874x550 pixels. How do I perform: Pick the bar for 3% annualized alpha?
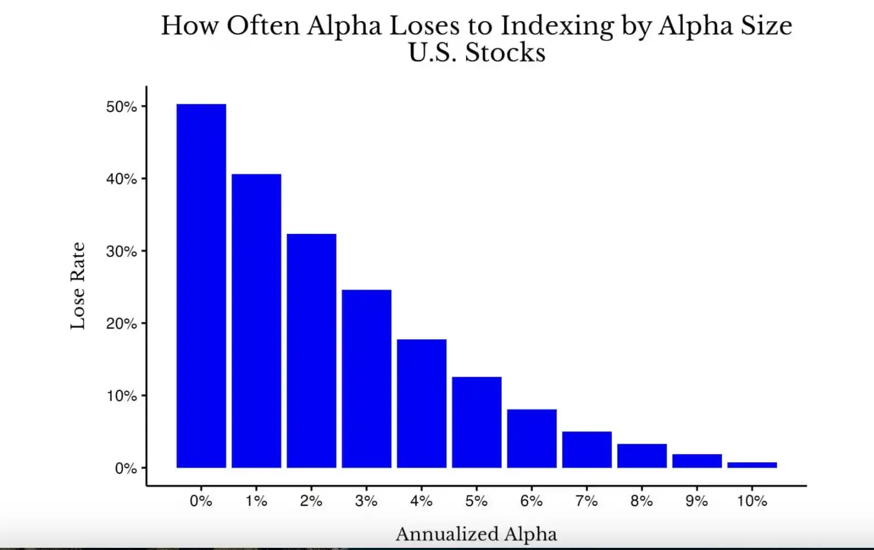tap(366, 378)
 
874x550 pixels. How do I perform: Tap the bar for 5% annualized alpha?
tap(476, 422)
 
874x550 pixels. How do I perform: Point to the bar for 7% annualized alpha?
tap(587, 449)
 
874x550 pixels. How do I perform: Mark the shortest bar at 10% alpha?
tap(752, 465)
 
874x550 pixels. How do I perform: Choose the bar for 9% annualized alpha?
tap(697, 461)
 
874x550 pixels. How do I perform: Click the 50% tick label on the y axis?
tap(121, 107)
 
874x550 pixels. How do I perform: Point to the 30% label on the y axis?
tap(121, 251)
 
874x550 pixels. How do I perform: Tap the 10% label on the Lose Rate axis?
tap(121, 396)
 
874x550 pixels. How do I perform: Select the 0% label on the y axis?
tap(125, 468)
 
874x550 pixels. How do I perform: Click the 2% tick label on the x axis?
tap(311, 501)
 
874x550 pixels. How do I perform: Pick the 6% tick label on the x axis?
tap(532, 501)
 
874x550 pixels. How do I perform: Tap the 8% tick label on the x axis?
tap(642, 501)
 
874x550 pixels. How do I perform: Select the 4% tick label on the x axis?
tap(421, 501)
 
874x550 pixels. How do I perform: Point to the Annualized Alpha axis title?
tap(476, 534)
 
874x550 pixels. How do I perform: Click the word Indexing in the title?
tap(557, 26)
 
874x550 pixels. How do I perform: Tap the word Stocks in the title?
tap(505, 53)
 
